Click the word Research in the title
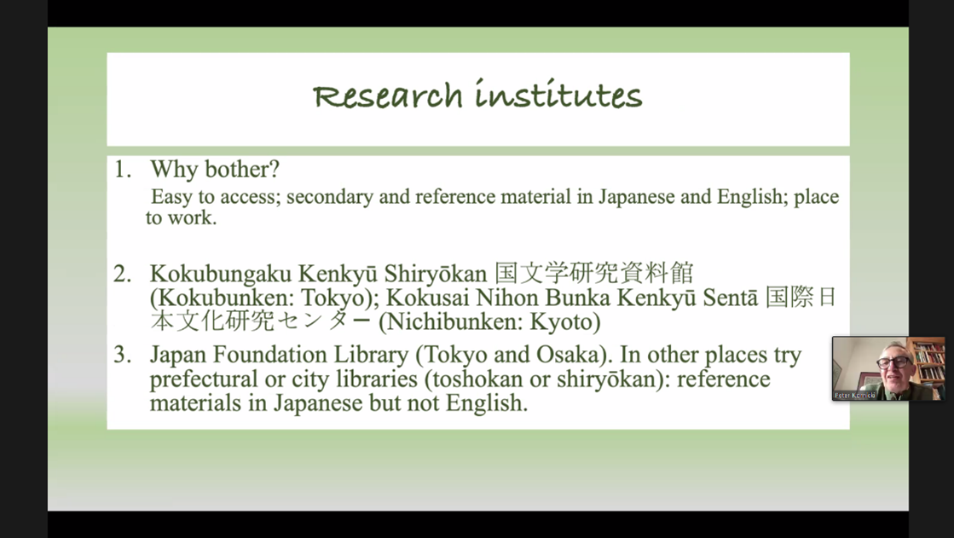coord(388,96)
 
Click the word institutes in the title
coord(559,94)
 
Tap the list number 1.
coord(122,169)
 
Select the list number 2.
coord(122,274)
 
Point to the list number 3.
coord(122,354)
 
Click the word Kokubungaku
coord(221,275)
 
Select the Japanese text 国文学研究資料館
coord(594,273)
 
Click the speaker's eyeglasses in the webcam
coord(893,362)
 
